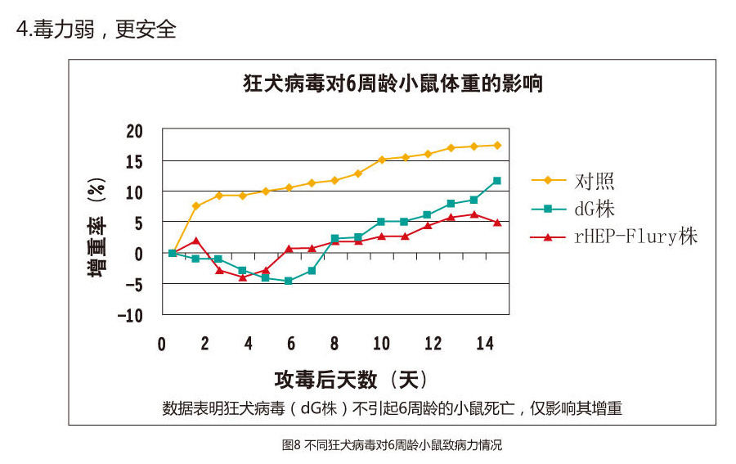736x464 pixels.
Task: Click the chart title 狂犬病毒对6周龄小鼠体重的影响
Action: click(x=393, y=84)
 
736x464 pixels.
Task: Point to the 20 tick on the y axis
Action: click(x=134, y=131)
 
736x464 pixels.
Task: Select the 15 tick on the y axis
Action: click(x=134, y=162)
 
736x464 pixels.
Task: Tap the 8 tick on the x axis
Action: click(x=334, y=343)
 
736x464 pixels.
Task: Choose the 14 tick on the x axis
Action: click(x=485, y=343)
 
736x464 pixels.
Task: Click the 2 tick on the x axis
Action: click(x=205, y=343)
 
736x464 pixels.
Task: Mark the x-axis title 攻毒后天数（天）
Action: click(x=351, y=379)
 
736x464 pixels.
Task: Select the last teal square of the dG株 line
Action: click(x=497, y=181)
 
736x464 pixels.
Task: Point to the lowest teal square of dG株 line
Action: click(x=289, y=281)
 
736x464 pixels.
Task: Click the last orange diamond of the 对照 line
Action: click(x=497, y=145)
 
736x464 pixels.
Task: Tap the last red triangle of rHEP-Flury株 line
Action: click(x=497, y=222)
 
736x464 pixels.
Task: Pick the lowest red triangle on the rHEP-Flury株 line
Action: click(x=243, y=277)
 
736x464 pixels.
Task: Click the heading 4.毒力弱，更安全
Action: click(x=96, y=29)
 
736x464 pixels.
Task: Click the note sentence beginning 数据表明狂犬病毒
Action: click(x=393, y=408)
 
